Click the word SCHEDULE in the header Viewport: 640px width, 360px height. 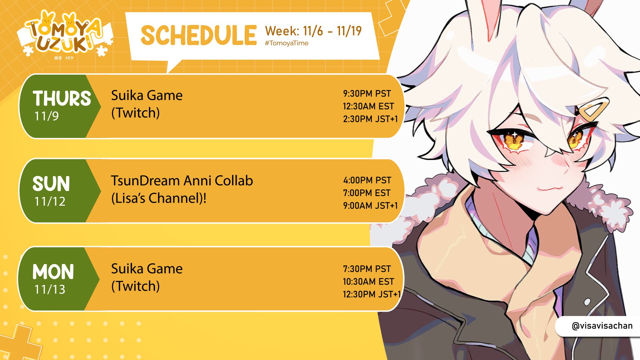click(x=199, y=35)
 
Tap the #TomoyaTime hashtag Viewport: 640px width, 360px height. click(x=287, y=43)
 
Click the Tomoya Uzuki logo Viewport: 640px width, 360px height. click(x=65, y=35)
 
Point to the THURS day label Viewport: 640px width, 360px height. click(x=62, y=98)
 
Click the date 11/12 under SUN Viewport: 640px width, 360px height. click(x=50, y=201)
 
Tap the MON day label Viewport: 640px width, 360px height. click(x=53, y=272)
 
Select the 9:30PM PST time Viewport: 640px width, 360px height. click(x=367, y=94)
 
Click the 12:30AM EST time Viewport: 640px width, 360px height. click(x=368, y=106)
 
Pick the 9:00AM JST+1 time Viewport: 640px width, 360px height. click(x=370, y=206)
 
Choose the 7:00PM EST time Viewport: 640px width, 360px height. click(x=367, y=193)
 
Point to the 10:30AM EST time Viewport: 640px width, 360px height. click(x=368, y=282)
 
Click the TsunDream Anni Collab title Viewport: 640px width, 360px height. click(x=182, y=181)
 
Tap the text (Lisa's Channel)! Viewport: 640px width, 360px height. click(x=159, y=198)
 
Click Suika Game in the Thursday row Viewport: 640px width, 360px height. click(x=147, y=96)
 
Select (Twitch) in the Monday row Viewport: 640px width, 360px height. click(x=135, y=286)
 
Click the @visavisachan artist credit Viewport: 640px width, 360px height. click(x=602, y=326)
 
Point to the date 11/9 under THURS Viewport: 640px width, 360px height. click(x=47, y=116)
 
